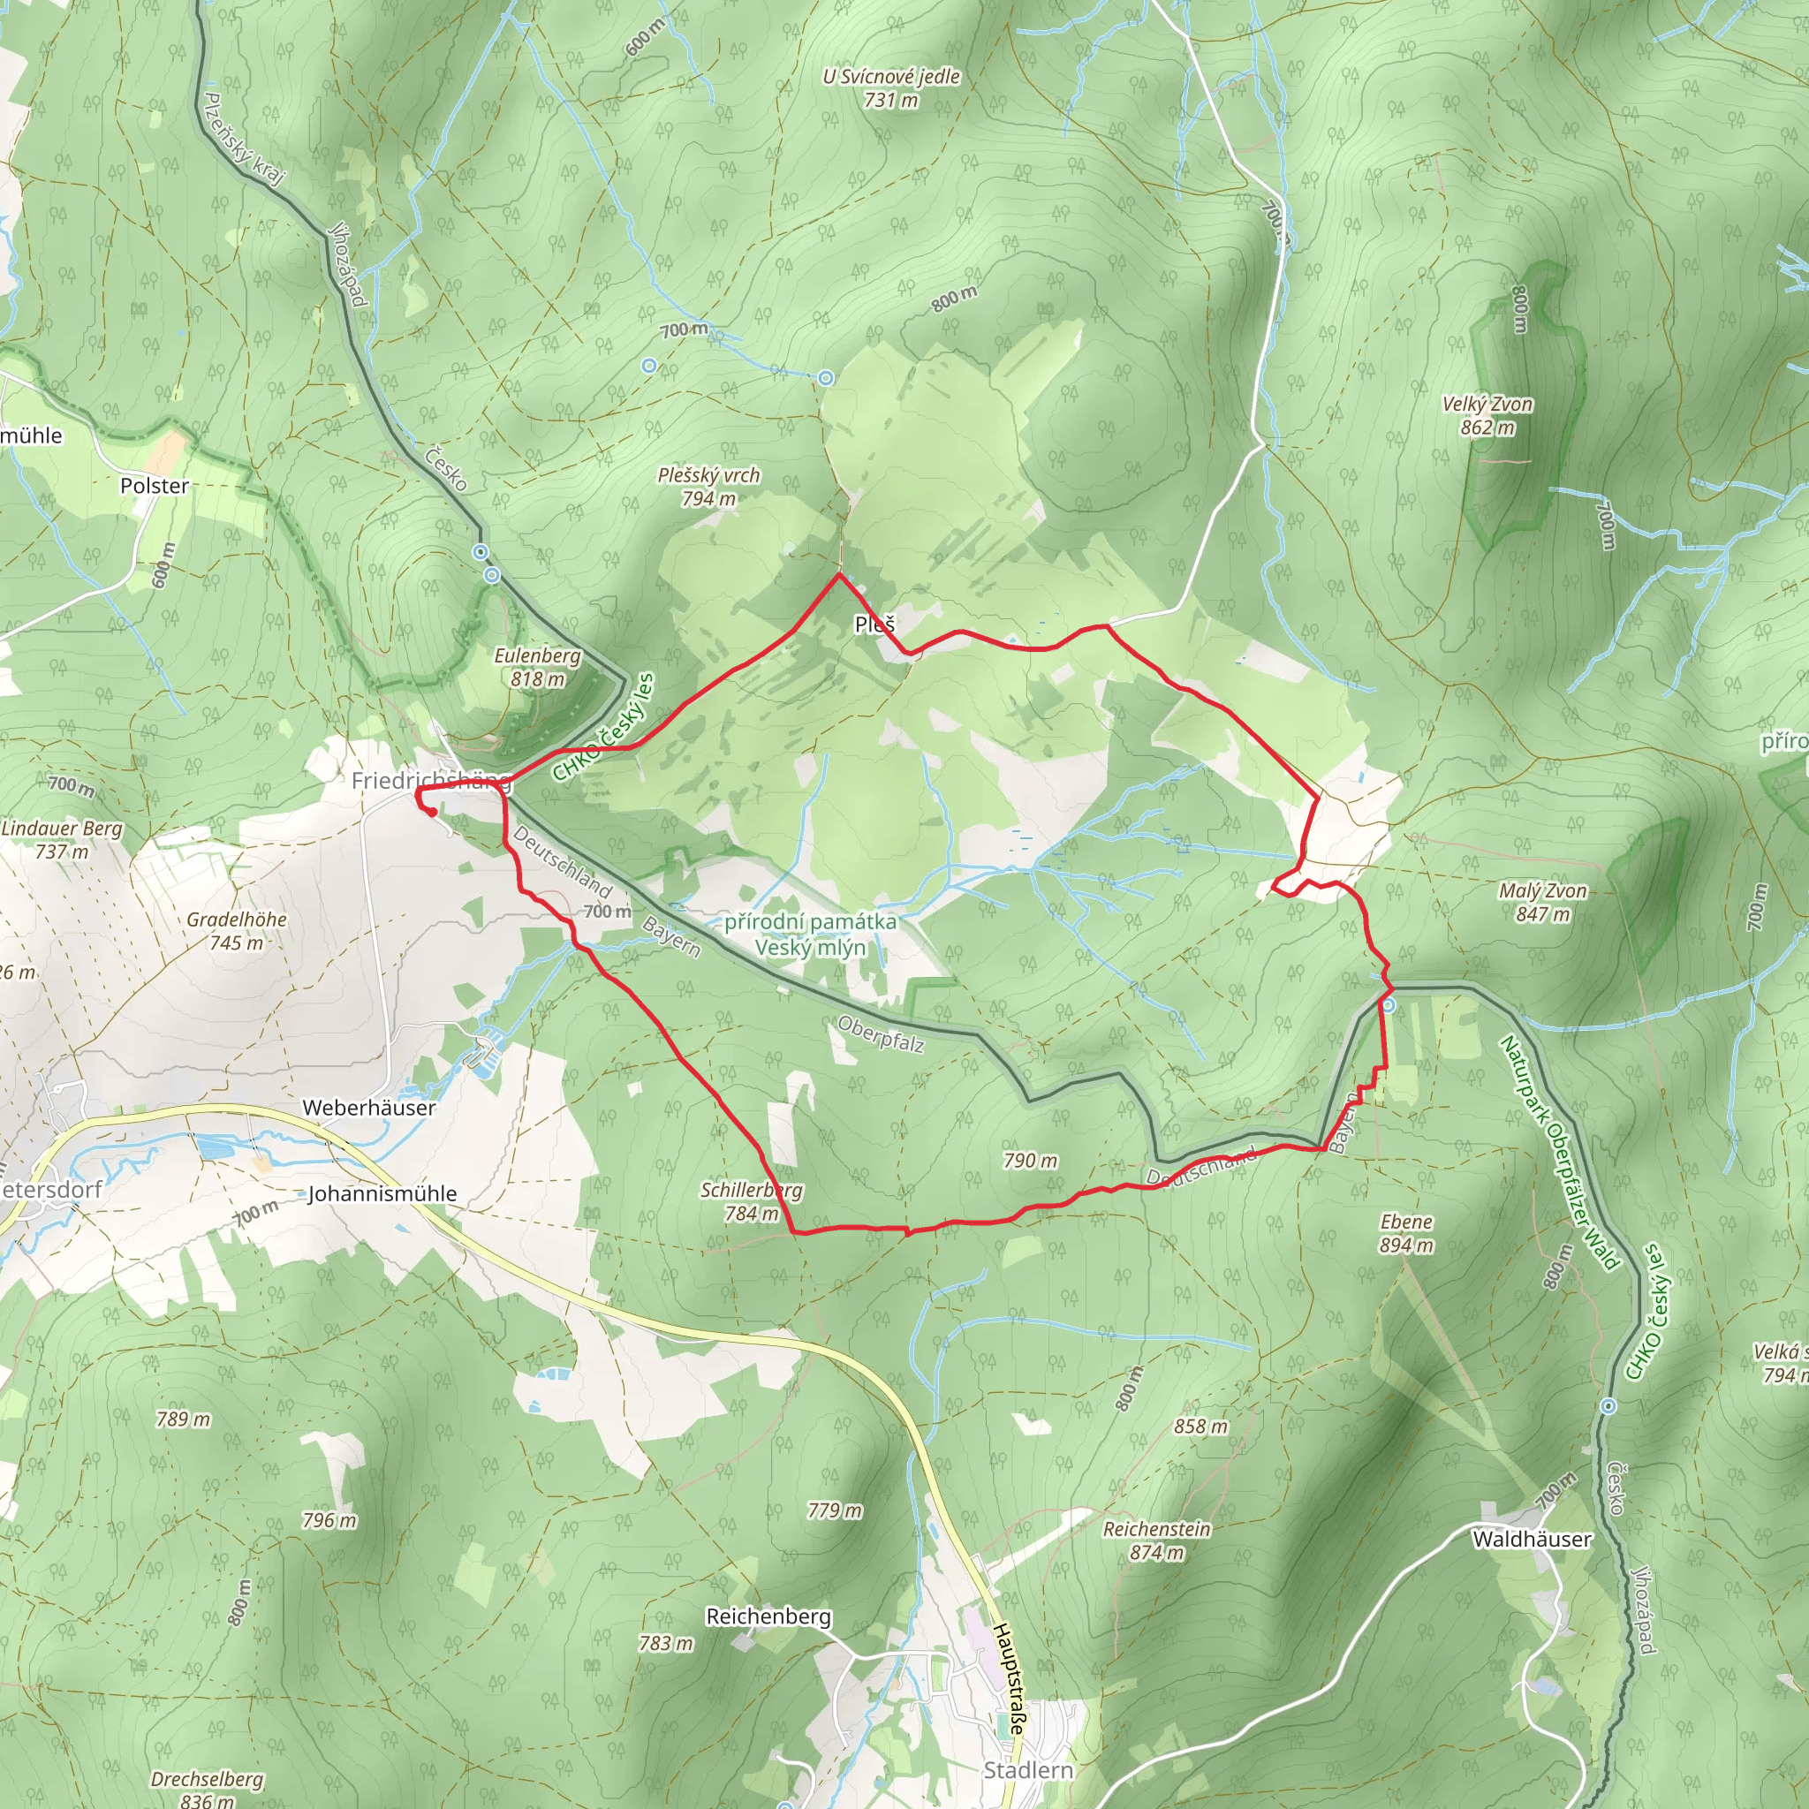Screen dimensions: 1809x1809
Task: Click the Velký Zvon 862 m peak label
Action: click(x=1487, y=416)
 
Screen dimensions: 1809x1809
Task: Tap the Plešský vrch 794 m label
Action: click(x=708, y=487)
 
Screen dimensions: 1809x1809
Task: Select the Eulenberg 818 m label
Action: click(x=537, y=667)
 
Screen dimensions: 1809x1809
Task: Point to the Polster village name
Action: click(x=155, y=486)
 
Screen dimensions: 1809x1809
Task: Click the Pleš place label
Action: click(x=874, y=624)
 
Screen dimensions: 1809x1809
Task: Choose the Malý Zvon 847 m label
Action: click(x=1543, y=902)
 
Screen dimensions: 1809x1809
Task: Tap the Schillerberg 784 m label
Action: click(x=751, y=1201)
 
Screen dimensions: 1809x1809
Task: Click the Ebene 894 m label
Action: click(x=1406, y=1233)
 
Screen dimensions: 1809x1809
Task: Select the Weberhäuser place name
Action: click(x=369, y=1108)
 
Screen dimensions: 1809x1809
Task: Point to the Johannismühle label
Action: click(x=382, y=1194)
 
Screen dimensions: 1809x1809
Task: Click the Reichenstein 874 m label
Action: click(x=1157, y=1540)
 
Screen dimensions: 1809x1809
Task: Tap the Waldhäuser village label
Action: click(x=1532, y=1540)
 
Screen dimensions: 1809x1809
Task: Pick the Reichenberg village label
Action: click(x=768, y=1617)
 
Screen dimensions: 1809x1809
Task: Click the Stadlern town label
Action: click(x=1028, y=1771)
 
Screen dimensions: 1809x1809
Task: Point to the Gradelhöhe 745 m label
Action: click(x=237, y=931)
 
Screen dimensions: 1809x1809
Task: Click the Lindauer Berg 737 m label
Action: click(x=62, y=839)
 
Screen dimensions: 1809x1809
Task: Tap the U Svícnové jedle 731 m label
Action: click(x=891, y=88)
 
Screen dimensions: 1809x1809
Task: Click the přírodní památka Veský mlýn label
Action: click(x=810, y=935)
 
